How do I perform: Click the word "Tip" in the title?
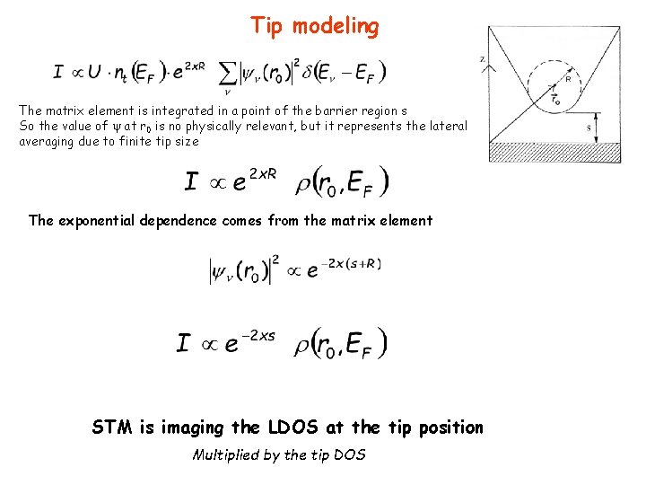tap(266, 26)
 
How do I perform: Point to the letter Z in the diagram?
tap(483, 59)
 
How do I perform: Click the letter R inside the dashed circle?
tap(568, 80)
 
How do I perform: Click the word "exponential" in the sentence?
tap(99, 220)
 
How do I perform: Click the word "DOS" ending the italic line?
tap(349, 454)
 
